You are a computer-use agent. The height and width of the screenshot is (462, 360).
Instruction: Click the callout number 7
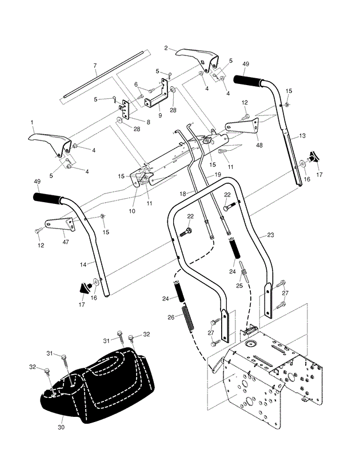click(x=95, y=66)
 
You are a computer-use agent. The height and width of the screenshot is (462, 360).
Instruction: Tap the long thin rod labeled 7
click(x=103, y=78)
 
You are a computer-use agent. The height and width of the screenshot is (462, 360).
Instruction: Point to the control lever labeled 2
click(x=197, y=55)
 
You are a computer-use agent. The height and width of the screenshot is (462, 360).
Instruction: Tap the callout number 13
click(x=303, y=135)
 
